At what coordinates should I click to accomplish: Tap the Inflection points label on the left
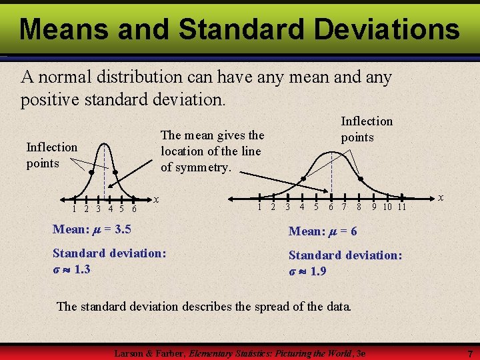pos(51,155)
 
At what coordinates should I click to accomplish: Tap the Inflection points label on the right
pos(367,129)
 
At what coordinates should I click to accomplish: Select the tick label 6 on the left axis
pos(134,209)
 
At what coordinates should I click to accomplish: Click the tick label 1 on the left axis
pos(75,209)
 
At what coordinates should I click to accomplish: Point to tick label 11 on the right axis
pos(401,207)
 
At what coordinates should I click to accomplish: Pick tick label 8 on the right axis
pos(359,207)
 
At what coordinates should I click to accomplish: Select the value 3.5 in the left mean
pos(123,230)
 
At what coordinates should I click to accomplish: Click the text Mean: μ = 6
pos(323,231)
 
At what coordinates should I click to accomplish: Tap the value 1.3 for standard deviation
pos(82,269)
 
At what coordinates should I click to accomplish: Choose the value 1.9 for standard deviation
pos(318,271)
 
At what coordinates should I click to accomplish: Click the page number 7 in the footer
pos(470,353)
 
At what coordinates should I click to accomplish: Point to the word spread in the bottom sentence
pos(271,307)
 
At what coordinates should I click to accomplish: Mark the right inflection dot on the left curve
pos(115,173)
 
